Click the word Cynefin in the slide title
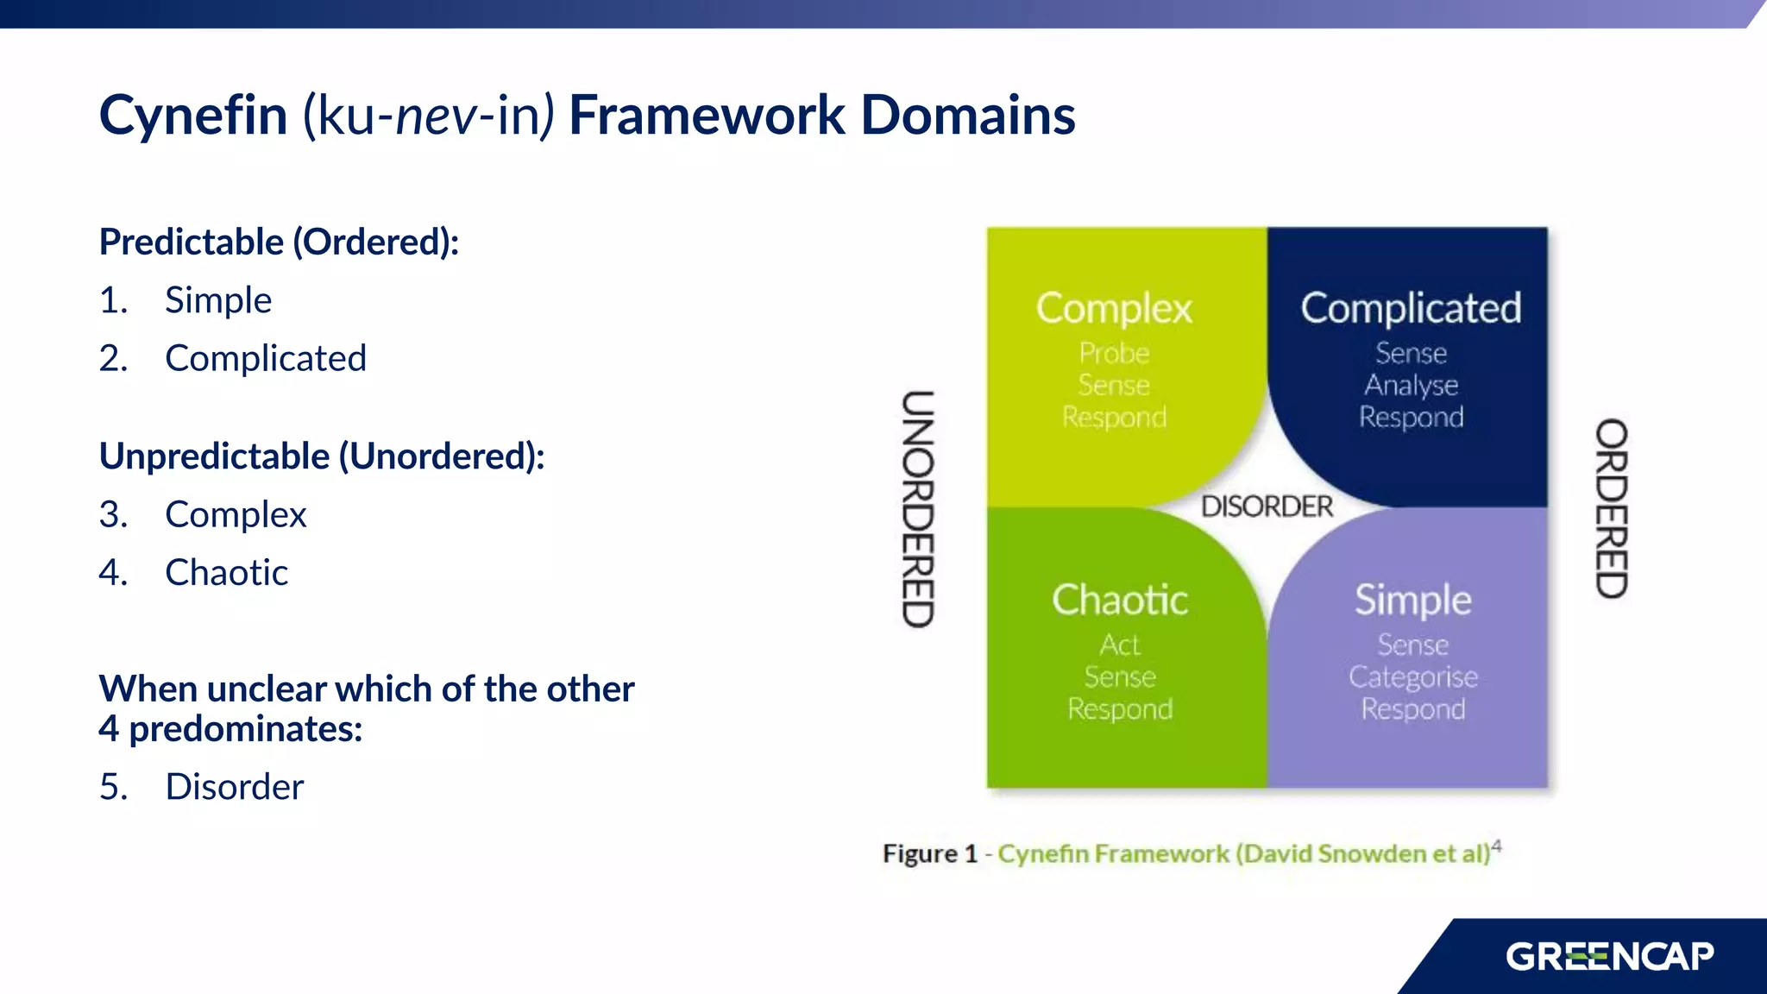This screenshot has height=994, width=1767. click(x=193, y=116)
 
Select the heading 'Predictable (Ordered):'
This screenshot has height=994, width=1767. click(x=279, y=242)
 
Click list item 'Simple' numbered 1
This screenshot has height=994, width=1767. click(x=218, y=300)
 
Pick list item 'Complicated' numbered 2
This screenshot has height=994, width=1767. click(x=266, y=358)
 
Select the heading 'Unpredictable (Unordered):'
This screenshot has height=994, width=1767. click(x=322, y=456)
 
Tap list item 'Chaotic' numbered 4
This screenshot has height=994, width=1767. click(x=226, y=573)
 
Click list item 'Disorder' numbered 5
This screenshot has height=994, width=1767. click(x=234, y=787)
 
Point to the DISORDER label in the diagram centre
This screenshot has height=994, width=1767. click(x=1267, y=506)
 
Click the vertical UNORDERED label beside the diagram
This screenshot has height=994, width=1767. click(x=918, y=509)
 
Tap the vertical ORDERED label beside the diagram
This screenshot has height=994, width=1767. click(x=1611, y=509)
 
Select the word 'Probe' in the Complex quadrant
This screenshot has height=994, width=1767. click(x=1114, y=353)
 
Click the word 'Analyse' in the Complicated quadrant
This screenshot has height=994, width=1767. click(x=1411, y=385)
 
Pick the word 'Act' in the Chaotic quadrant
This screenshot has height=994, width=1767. click(x=1120, y=645)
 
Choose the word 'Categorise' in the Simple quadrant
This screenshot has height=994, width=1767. click(x=1412, y=677)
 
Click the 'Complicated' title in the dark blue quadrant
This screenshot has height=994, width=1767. click(x=1411, y=308)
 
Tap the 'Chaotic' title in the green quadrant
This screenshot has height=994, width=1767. click(x=1120, y=600)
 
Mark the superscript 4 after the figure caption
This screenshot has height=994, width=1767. click(x=1496, y=846)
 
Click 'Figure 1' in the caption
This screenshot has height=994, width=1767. click(x=929, y=854)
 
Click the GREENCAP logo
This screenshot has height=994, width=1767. click(x=1609, y=957)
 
